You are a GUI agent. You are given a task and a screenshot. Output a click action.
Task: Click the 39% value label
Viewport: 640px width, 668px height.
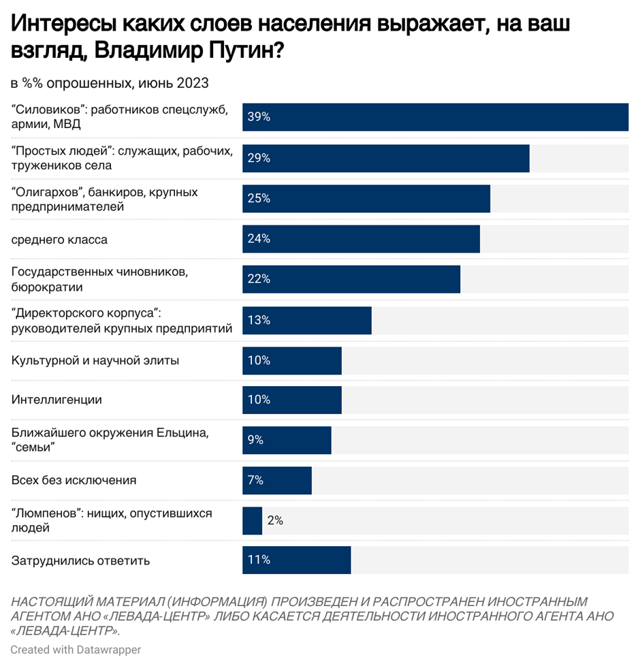[259, 117]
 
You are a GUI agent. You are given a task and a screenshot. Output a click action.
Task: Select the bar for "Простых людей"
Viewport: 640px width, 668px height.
[386, 158]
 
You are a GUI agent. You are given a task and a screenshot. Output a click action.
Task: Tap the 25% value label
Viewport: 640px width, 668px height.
[259, 198]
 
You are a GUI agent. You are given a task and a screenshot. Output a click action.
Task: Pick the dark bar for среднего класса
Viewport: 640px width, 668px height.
[361, 239]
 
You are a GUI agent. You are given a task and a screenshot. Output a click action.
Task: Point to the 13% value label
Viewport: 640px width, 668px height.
[259, 320]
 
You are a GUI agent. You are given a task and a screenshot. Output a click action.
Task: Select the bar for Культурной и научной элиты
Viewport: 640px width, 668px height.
[292, 360]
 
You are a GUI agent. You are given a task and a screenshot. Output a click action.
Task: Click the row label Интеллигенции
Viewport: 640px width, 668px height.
[57, 400]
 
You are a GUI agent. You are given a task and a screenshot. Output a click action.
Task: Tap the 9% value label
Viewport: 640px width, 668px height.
[256, 440]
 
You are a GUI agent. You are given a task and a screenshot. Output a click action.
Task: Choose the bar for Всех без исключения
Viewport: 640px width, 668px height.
[277, 480]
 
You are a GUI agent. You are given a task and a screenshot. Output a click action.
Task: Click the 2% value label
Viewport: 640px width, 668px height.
[275, 521]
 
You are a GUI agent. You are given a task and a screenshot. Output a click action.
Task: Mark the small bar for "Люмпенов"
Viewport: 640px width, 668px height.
[252, 521]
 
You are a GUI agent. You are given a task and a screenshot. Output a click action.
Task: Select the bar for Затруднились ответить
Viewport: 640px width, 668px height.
[296, 560]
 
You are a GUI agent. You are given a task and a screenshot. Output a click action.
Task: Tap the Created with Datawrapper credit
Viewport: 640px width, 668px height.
[76, 650]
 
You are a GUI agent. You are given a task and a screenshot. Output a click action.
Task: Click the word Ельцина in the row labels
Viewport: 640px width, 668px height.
[187, 433]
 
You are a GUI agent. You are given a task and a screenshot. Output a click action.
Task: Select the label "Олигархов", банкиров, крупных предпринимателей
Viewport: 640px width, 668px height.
[105, 199]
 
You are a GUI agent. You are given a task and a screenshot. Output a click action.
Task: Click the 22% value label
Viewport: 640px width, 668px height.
[259, 279]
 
